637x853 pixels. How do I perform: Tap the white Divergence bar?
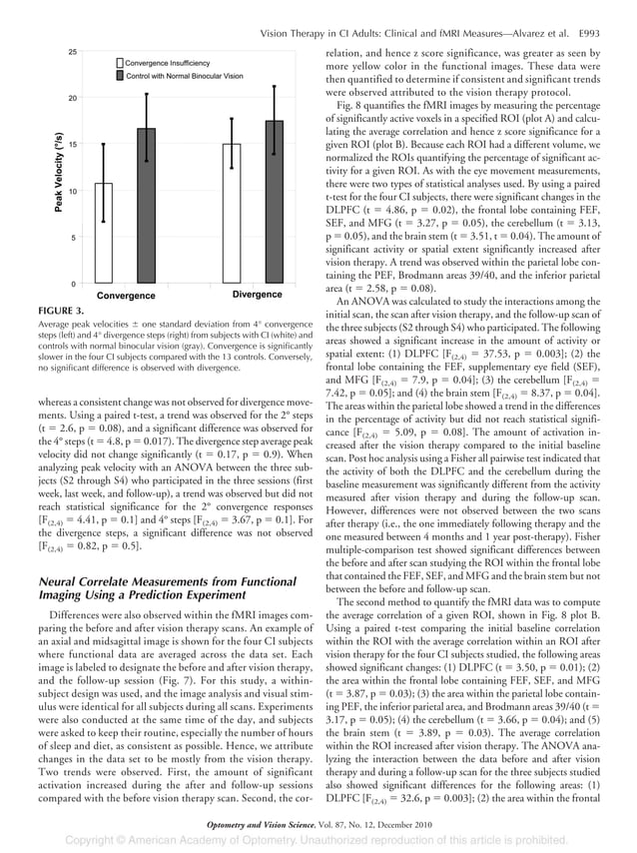[232, 214]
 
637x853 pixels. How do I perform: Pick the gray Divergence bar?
[273, 202]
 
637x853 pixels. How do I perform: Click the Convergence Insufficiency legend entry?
[168, 62]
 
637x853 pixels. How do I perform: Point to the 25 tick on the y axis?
[73, 52]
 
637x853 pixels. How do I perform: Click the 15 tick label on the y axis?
[73, 145]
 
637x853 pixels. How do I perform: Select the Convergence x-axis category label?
[127, 296]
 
